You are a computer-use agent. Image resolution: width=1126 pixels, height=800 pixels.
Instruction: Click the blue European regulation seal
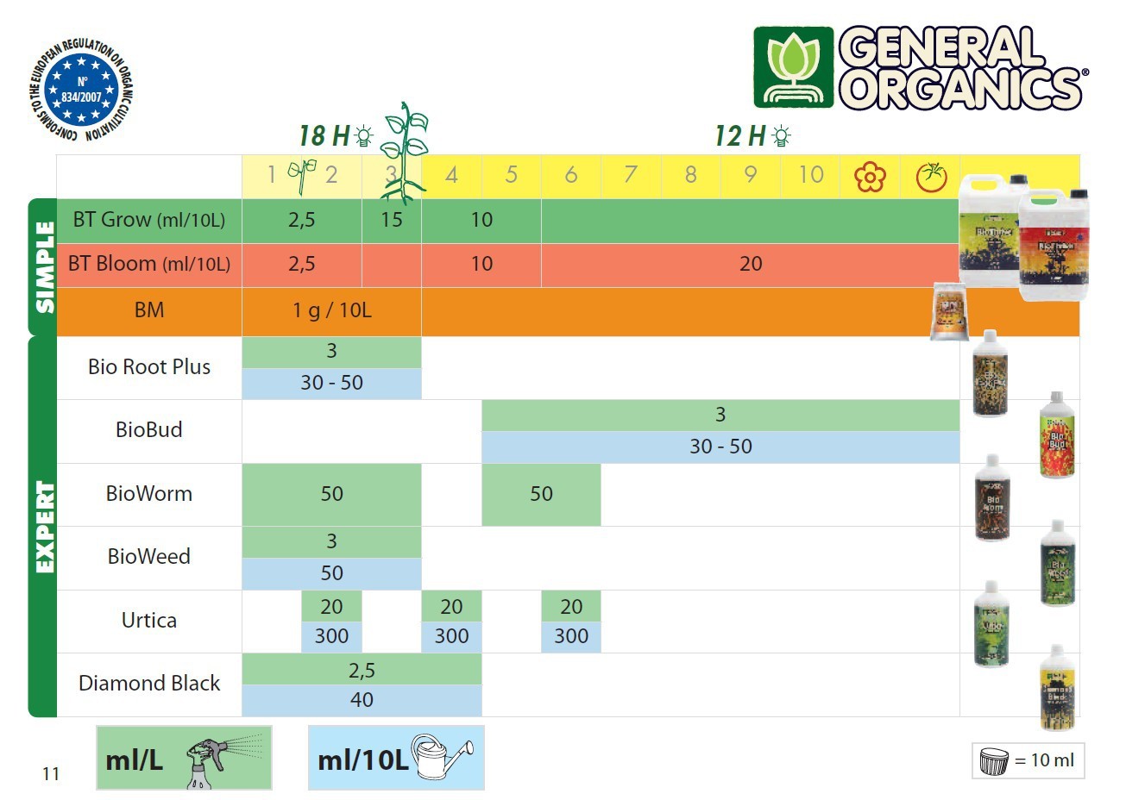[x=82, y=90]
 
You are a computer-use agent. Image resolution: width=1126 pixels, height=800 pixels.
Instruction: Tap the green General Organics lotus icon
[x=793, y=67]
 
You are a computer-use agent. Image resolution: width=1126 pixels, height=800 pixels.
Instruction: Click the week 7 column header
[x=631, y=175]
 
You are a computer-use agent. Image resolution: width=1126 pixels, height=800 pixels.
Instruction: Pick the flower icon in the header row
[x=870, y=177]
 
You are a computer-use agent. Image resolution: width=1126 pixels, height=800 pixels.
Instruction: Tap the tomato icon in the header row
[x=931, y=177]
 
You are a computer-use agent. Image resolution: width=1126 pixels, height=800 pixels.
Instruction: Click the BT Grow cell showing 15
[x=392, y=220]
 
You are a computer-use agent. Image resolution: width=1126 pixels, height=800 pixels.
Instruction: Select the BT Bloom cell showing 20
[x=750, y=264]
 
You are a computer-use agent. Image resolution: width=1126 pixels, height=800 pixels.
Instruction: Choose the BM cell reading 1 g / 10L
[x=331, y=310]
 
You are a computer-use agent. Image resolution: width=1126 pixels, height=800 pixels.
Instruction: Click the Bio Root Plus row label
[x=149, y=367]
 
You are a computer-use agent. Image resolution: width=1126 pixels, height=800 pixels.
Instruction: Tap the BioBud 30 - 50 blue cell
[x=720, y=447]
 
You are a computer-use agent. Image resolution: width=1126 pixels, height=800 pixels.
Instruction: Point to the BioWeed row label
[x=149, y=557]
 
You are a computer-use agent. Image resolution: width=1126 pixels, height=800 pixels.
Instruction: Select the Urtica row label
[x=149, y=621]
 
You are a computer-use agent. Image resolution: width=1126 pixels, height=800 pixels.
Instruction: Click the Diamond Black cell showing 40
[x=362, y=700]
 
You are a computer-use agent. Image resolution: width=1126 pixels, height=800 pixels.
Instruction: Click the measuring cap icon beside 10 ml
[x=994, y=761]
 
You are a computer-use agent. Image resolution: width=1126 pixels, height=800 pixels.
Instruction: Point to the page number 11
[x=51, y=774]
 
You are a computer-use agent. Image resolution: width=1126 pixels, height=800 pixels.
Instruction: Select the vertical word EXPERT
[x=44, y=527]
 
